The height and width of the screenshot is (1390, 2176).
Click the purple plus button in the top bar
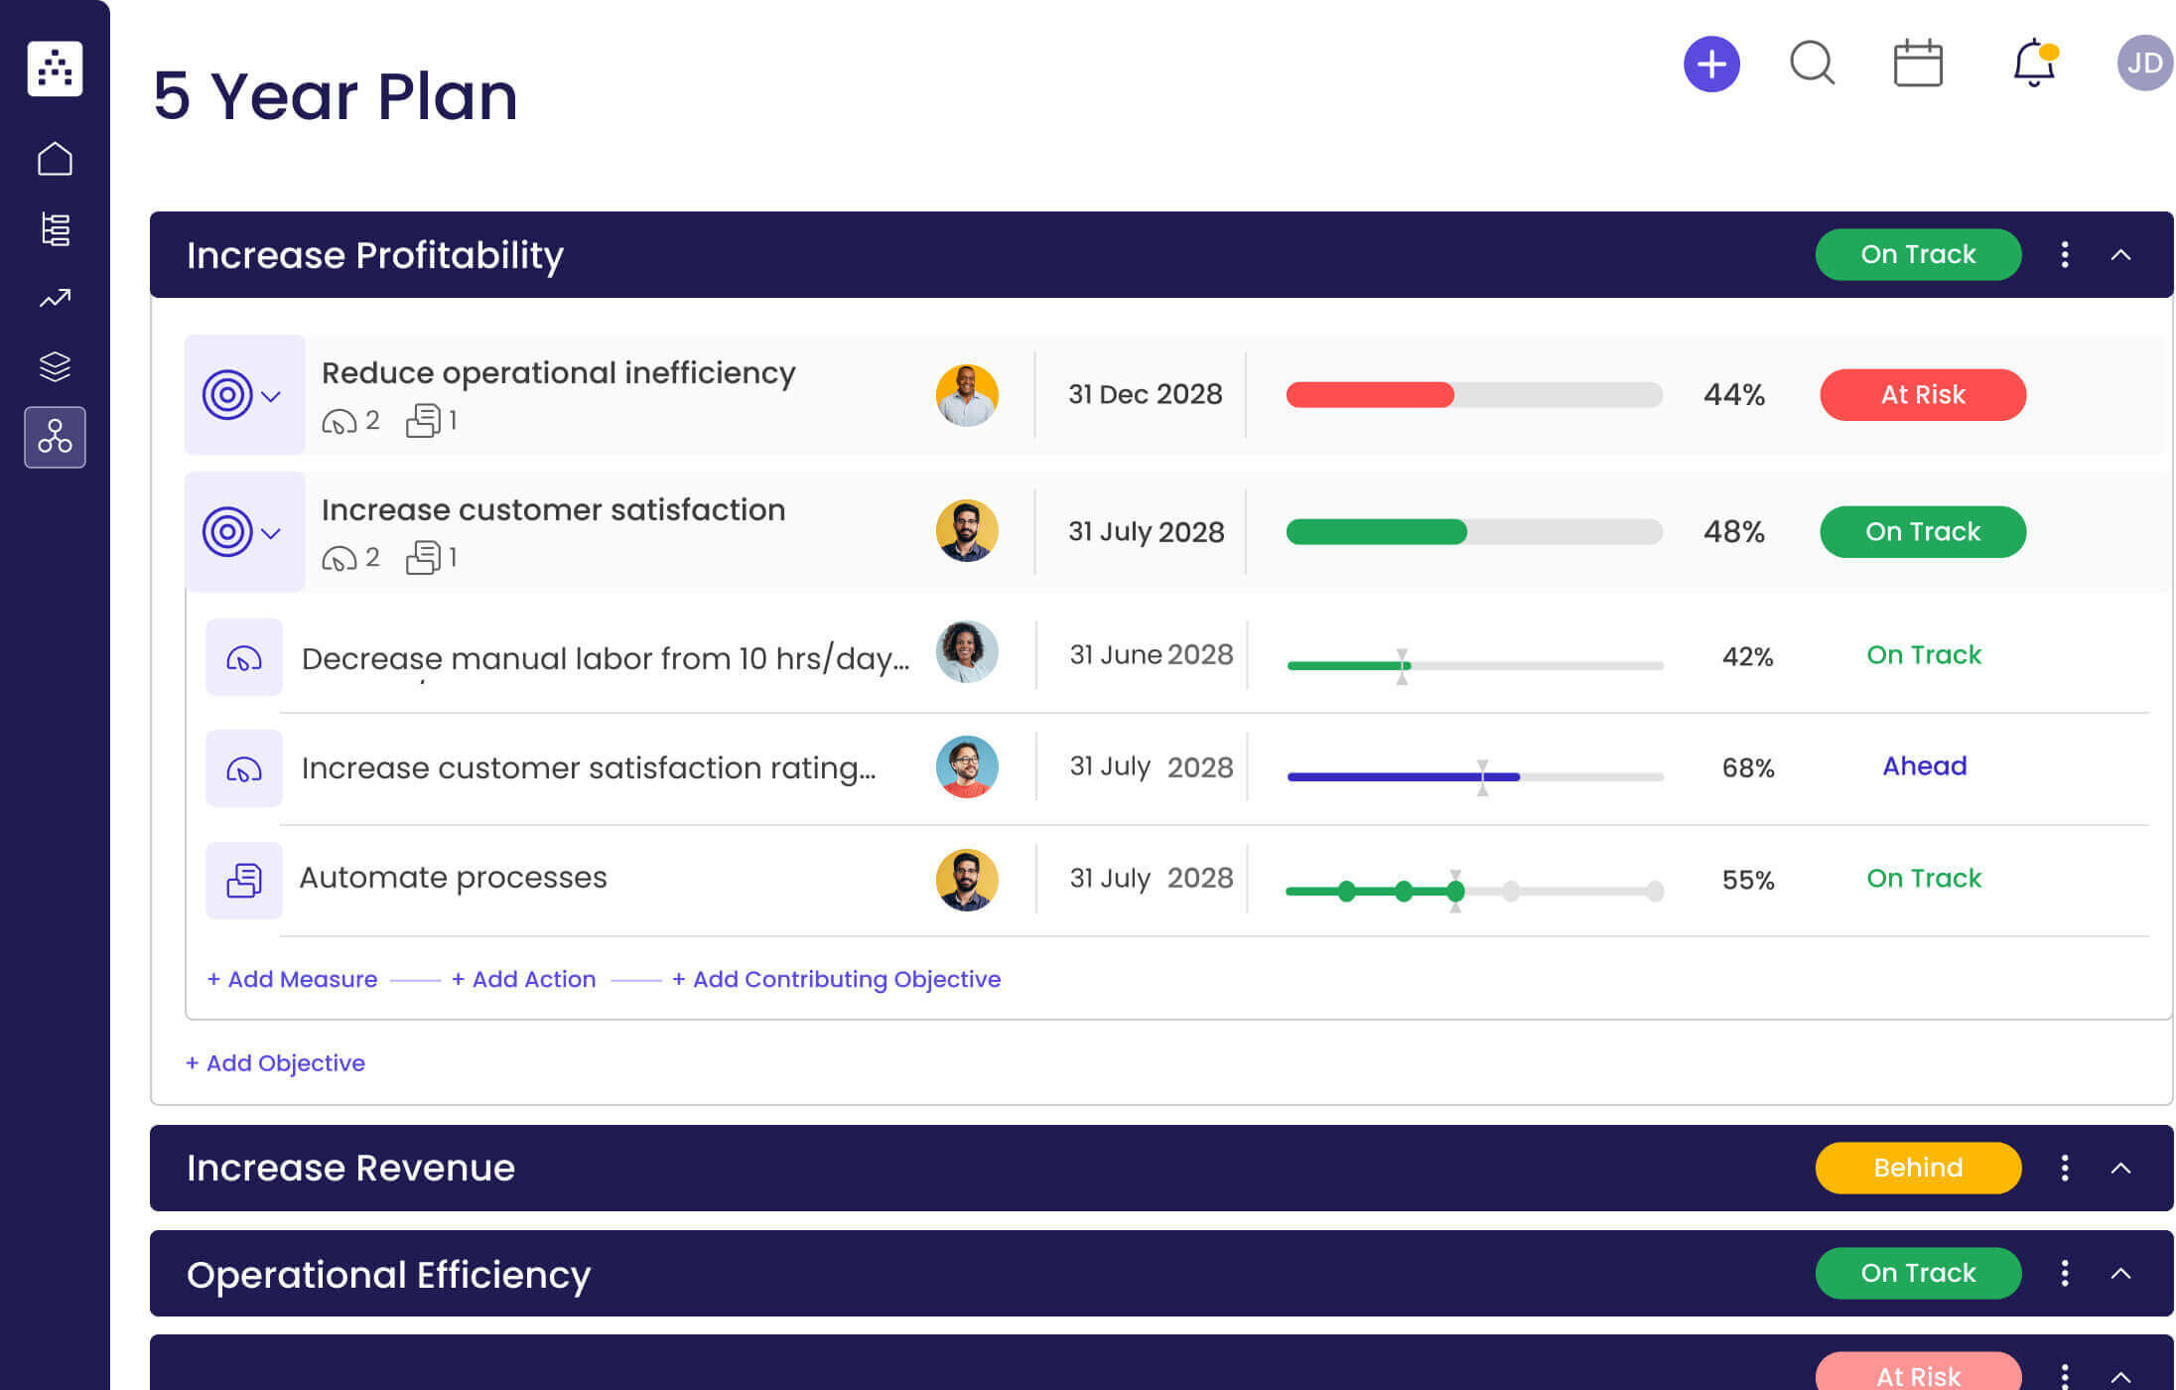tap(1710, 65)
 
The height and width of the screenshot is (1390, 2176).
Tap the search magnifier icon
tap(1812, 64)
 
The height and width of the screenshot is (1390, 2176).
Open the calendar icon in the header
tap(1917, 64)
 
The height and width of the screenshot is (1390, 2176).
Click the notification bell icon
tap(2033, 64)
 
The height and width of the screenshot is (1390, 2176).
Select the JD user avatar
tap(2144, 64)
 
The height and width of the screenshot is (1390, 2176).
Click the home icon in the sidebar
tap(55, 159)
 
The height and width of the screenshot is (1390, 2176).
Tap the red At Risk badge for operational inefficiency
tap(1922, 395)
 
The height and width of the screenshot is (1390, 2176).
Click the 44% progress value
tap(1733, 395)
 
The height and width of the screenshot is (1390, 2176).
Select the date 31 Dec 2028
tap(1145, 394)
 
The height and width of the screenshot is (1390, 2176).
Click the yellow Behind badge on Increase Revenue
tap(1917, 1168)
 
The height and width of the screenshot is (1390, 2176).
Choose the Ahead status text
tap(1924, 765)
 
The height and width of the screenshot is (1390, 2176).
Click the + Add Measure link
tap(292, 979)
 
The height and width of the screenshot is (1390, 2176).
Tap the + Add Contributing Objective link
tap(836, 979)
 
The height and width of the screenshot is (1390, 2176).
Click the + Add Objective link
tap(275, 1063)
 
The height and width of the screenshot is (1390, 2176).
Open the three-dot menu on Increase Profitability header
tap(2064, 255)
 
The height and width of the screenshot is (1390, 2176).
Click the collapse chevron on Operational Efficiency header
tap(2120, 1274)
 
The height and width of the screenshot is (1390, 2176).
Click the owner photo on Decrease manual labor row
tap(966, 652)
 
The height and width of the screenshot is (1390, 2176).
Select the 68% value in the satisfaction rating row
tap(1747, 767)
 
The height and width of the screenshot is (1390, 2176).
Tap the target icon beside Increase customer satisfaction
tap(227, 532)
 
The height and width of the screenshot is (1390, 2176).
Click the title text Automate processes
tap(453, 878)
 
